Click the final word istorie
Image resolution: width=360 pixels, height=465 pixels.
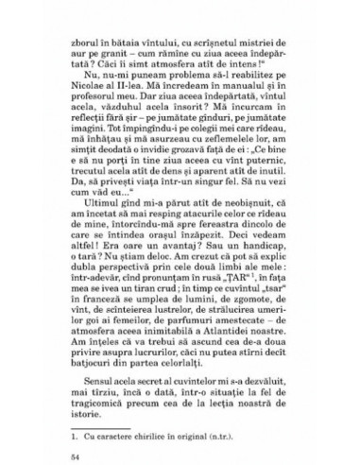tap(94, 452)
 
